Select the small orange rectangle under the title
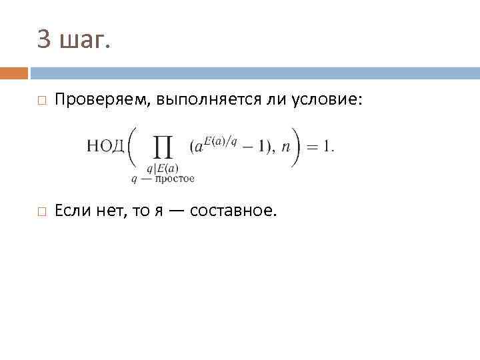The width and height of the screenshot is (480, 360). [x=14, y=73]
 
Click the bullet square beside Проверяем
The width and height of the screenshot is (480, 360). [x=41, y=101]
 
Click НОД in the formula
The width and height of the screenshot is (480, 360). [x=105, y=147]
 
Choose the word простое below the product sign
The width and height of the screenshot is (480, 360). [x=174, y=178]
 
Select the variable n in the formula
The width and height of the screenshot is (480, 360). [x=286, y=147]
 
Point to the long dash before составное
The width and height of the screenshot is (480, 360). [x=175, y=211]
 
